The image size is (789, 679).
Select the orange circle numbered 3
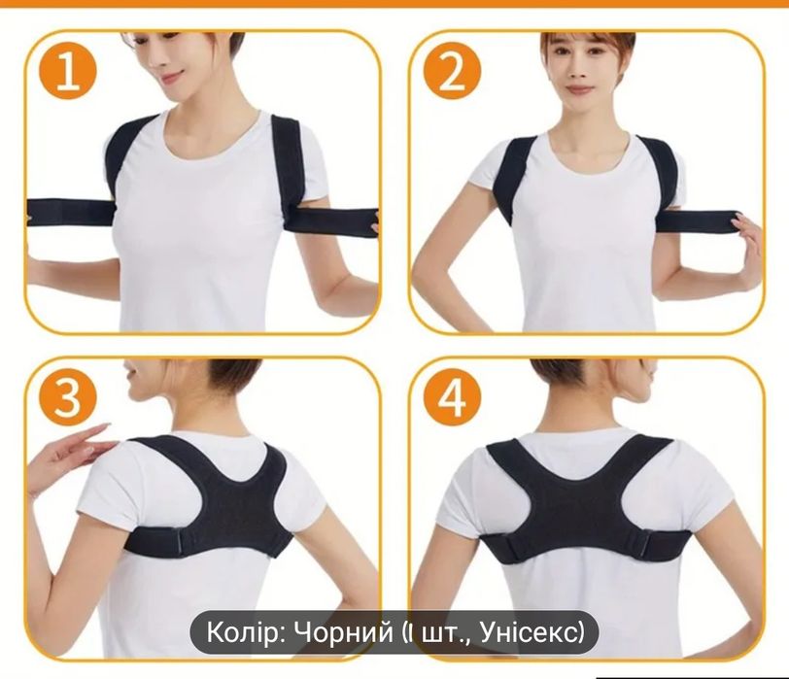pyautogui.click(x=66, y=397)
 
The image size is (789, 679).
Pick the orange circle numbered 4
pyautogui.click(x=453, y=397)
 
